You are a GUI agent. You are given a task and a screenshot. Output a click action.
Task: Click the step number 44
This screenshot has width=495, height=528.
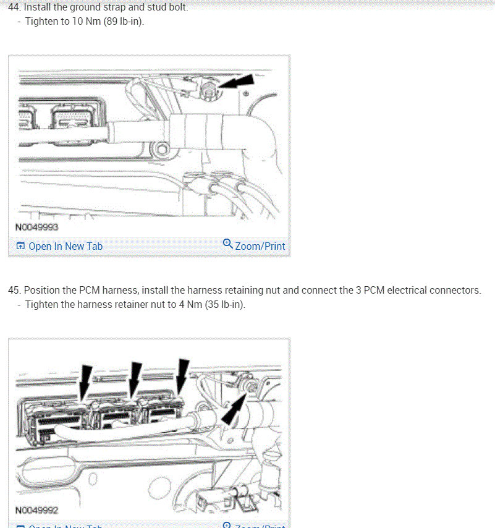coord(14,8)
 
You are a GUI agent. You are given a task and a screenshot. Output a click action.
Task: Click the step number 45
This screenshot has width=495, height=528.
coord(14,290)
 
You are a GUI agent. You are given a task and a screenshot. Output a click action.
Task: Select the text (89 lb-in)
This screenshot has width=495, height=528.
coord(124,22)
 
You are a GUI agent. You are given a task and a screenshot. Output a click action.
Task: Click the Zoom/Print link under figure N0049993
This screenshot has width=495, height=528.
coord(260,246)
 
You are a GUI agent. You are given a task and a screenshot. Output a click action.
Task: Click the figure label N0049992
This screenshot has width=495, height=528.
coord(36,510)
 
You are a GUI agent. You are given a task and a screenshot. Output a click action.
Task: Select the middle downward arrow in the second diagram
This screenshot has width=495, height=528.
coord(134,377)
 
